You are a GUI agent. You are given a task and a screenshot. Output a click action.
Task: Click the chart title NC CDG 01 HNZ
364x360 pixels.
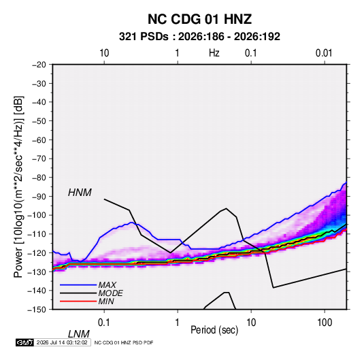click(199, 19)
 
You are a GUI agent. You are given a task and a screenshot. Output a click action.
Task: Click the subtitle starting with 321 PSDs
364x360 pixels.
click(199, 37)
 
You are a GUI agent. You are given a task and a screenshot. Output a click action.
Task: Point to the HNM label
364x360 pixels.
click(80, 193)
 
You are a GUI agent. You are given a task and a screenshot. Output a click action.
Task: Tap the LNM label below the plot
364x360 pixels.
click(78, 334)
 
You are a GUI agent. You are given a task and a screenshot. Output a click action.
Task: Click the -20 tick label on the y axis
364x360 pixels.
click(39, 65)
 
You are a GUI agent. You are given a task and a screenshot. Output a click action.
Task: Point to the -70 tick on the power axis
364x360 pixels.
click(39, 159)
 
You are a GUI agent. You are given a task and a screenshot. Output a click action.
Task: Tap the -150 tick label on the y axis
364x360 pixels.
click(37, 310)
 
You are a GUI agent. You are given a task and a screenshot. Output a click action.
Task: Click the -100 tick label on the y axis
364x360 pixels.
click(37, 215)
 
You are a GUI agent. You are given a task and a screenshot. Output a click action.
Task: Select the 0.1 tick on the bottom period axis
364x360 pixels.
click(104, 323)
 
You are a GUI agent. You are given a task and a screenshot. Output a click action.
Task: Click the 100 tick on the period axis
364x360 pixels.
click(325, 323)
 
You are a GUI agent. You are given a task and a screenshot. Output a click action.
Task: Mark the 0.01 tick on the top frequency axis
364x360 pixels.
click(324, 53)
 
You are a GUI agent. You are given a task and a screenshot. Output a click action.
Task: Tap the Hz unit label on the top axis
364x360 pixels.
click(214, 53)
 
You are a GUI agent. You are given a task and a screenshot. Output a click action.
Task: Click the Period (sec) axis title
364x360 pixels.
click(214, 330)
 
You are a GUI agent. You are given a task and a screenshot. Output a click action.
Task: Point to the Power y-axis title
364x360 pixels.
click(18, 187)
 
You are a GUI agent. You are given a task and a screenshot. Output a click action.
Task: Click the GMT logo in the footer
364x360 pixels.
click(24, 342)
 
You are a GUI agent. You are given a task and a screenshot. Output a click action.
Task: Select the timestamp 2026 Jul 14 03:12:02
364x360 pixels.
click(62, 342)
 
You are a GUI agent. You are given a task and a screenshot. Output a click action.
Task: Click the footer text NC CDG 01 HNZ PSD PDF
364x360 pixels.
click(124, 342)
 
